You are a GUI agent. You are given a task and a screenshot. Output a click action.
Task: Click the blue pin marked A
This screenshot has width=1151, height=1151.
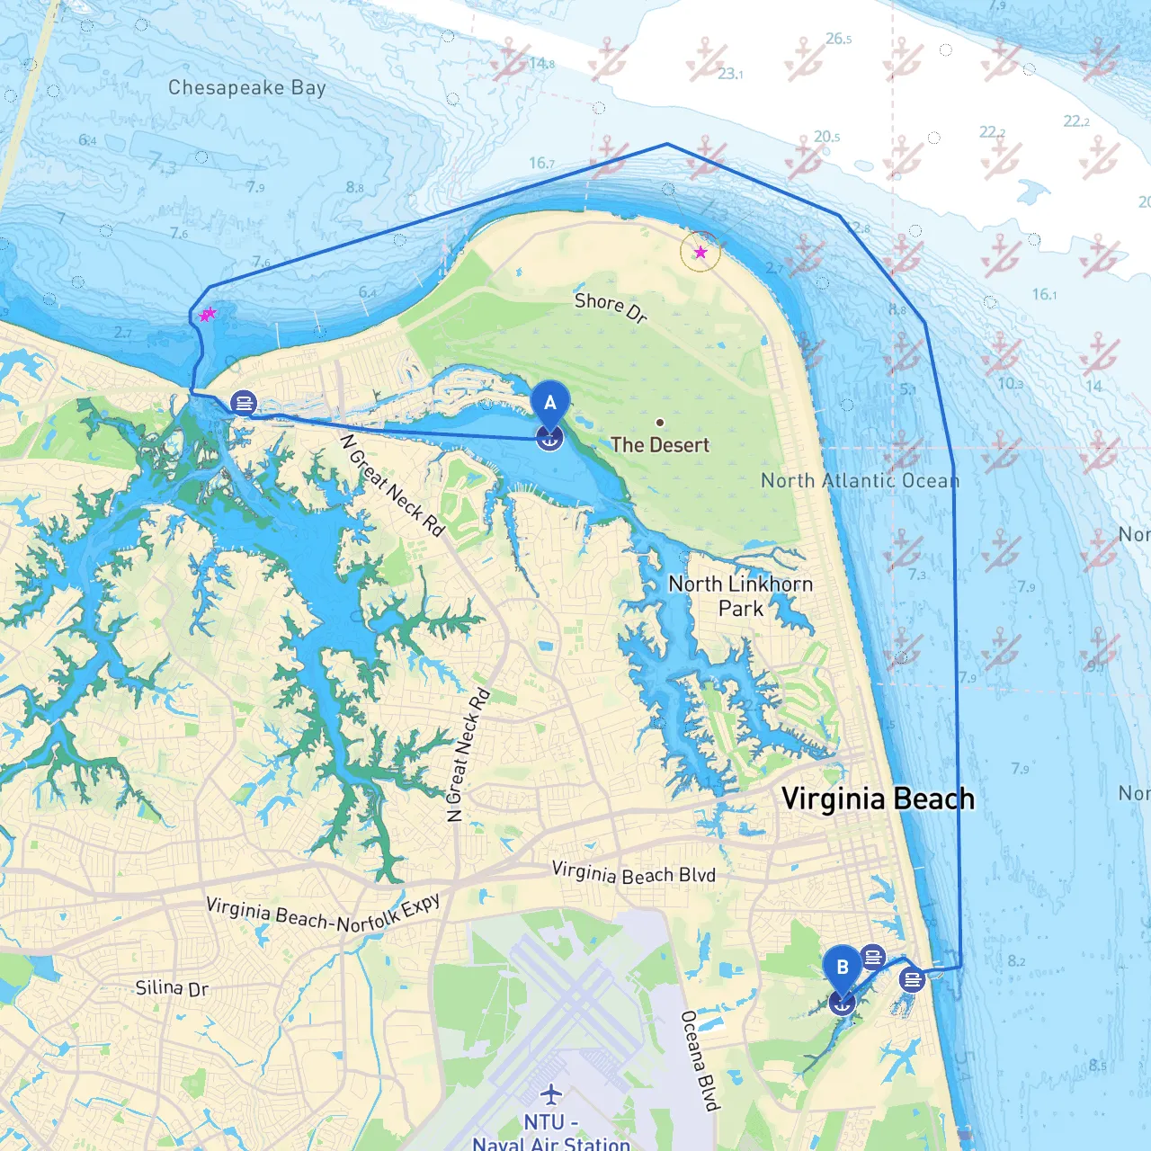(x=549, y=404)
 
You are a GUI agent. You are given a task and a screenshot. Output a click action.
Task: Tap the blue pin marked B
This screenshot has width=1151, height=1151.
(x=842, y=968)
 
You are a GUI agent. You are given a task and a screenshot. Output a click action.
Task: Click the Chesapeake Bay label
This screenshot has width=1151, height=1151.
(x=246, y=87)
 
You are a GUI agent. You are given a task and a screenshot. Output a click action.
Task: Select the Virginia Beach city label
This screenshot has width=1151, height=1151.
(x=878, y=799)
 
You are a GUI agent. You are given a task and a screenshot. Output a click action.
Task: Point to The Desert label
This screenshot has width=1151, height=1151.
(x=660, y=444)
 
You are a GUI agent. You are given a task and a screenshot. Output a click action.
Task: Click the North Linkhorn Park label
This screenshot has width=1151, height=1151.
(x=741, y=596)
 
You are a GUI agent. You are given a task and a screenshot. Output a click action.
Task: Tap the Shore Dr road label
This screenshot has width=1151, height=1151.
(x=611, y=307)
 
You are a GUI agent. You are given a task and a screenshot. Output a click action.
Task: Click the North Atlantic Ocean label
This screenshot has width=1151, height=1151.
(x=860, y=480)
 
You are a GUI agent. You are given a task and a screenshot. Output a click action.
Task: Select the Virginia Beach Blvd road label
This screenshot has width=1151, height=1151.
(x=633, y=873)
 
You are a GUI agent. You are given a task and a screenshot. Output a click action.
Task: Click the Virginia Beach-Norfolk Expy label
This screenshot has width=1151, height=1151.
(x=324, y=914)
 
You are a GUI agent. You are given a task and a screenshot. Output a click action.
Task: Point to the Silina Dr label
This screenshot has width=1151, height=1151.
(x=172, y=987)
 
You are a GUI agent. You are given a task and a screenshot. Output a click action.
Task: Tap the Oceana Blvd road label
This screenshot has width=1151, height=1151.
(x=700, y=1061)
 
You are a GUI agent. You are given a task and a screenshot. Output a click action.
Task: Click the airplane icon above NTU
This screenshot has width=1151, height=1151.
(x=550, y=1094)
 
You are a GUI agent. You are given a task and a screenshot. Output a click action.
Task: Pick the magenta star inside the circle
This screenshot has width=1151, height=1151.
(x=700, y=253)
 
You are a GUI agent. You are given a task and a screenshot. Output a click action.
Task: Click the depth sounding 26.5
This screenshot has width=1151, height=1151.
(x=838, y=39)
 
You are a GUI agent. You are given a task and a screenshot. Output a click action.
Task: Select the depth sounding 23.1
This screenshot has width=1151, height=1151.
(x=730, y=74)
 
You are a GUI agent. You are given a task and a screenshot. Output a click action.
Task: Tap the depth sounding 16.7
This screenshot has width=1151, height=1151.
(x=541, y=163)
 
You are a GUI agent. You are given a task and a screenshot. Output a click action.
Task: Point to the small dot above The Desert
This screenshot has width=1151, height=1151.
(x=660, y=422)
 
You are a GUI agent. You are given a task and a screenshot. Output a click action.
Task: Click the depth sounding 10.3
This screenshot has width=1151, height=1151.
(x=1010, y=384)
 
